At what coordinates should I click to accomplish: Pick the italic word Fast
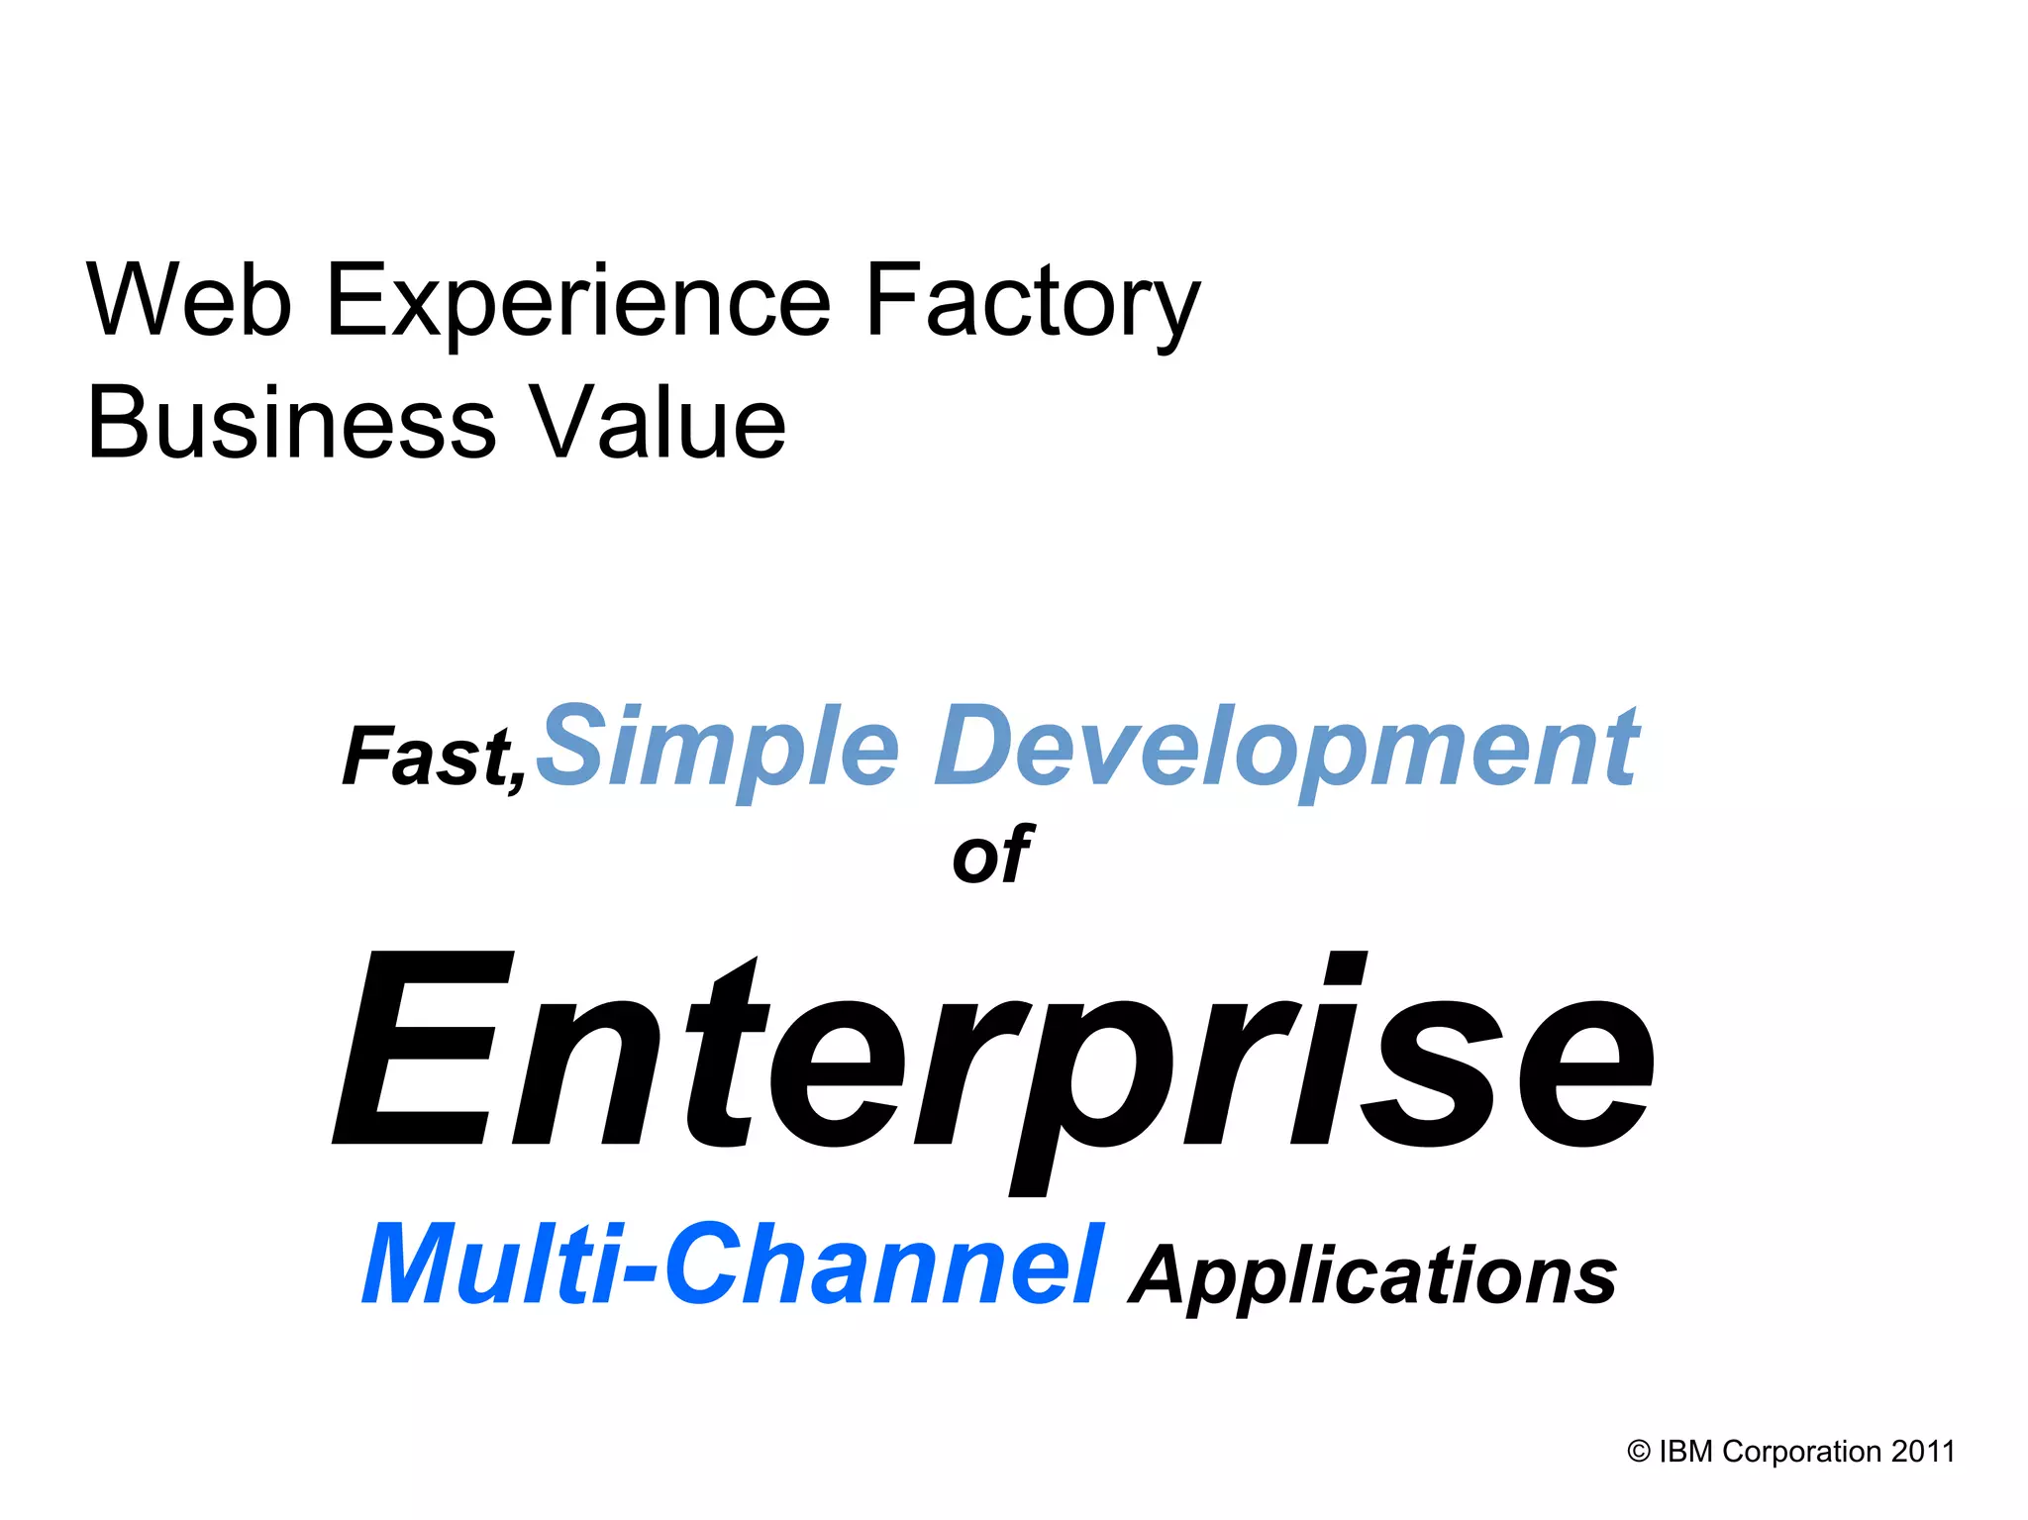[426, 757]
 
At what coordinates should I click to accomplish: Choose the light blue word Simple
[718, 748]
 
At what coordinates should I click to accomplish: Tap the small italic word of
[992, 855]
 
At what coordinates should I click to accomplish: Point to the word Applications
[1373, 1274]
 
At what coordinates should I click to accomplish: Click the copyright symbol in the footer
[1639, 1452]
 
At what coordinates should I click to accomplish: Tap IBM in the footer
[1685, 1452]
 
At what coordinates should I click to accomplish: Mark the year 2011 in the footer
[1923, 1452]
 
